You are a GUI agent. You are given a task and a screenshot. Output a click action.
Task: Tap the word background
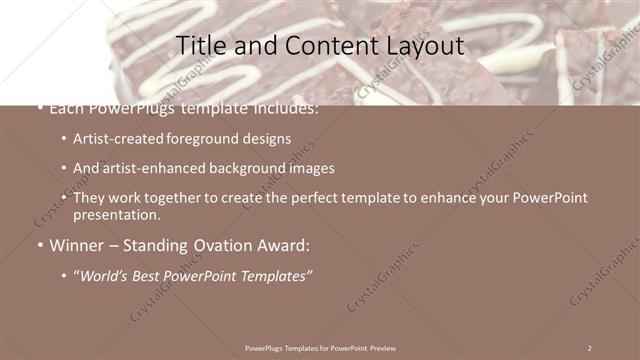pyautogui.click(x=250, y=169)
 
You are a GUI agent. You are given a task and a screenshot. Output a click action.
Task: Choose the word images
pyautogui.click(x=313, y=169)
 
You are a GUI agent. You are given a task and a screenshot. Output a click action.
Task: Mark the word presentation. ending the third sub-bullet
pyautogui.click(x=116, y=215)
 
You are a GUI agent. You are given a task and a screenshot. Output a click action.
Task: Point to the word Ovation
pyautogui.click(x=223, y=245)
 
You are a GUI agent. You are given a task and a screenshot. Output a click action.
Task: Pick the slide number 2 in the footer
pyautogui.click(x=589, y=348)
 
